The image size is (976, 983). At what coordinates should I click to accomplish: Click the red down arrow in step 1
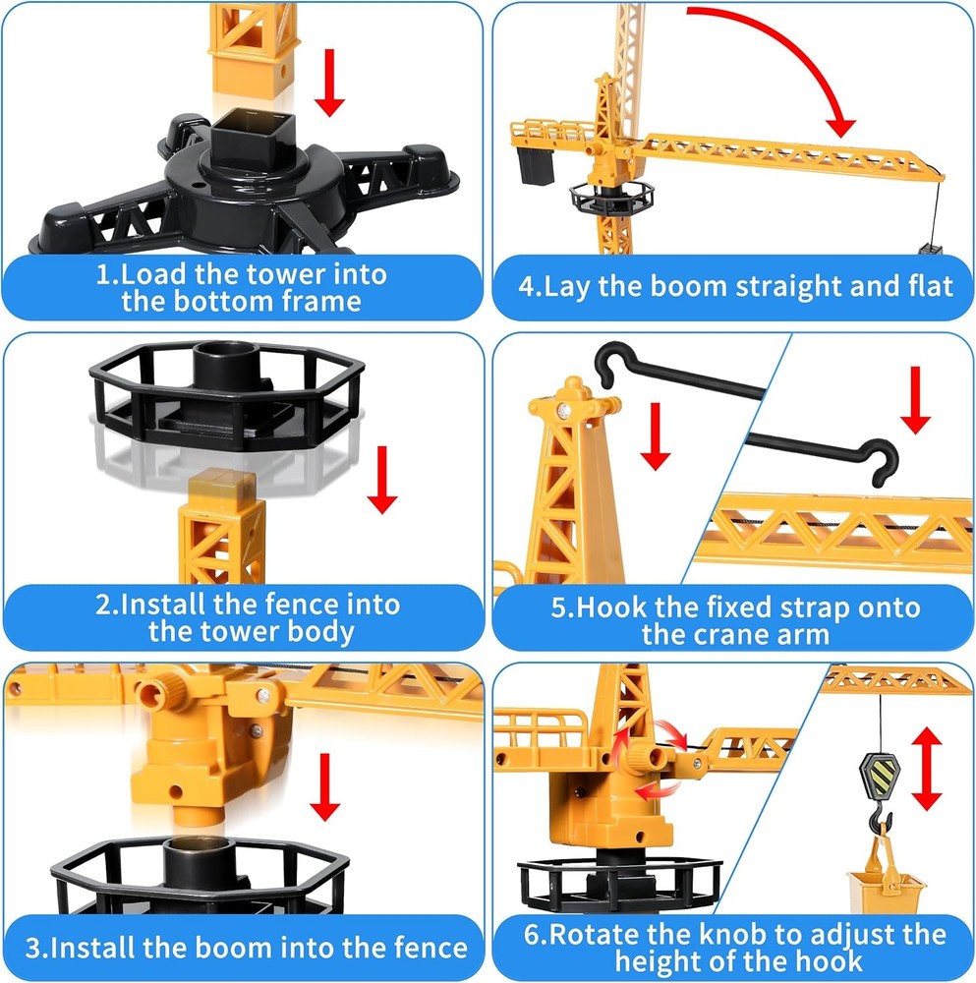click(x=329, y=83)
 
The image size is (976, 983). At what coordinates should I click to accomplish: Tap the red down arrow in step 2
click(x=382, y=480)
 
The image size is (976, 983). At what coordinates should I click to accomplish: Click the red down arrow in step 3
click(x=324, y=786)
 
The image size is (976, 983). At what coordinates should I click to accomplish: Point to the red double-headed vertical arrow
click(x=927, y=769)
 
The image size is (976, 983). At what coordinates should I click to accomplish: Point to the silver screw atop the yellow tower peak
click(x=563, y=411)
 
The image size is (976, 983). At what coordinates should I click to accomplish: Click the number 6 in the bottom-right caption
click(x=532, y=935)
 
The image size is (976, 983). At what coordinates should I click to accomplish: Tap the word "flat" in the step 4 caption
click(x=931, y=286)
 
